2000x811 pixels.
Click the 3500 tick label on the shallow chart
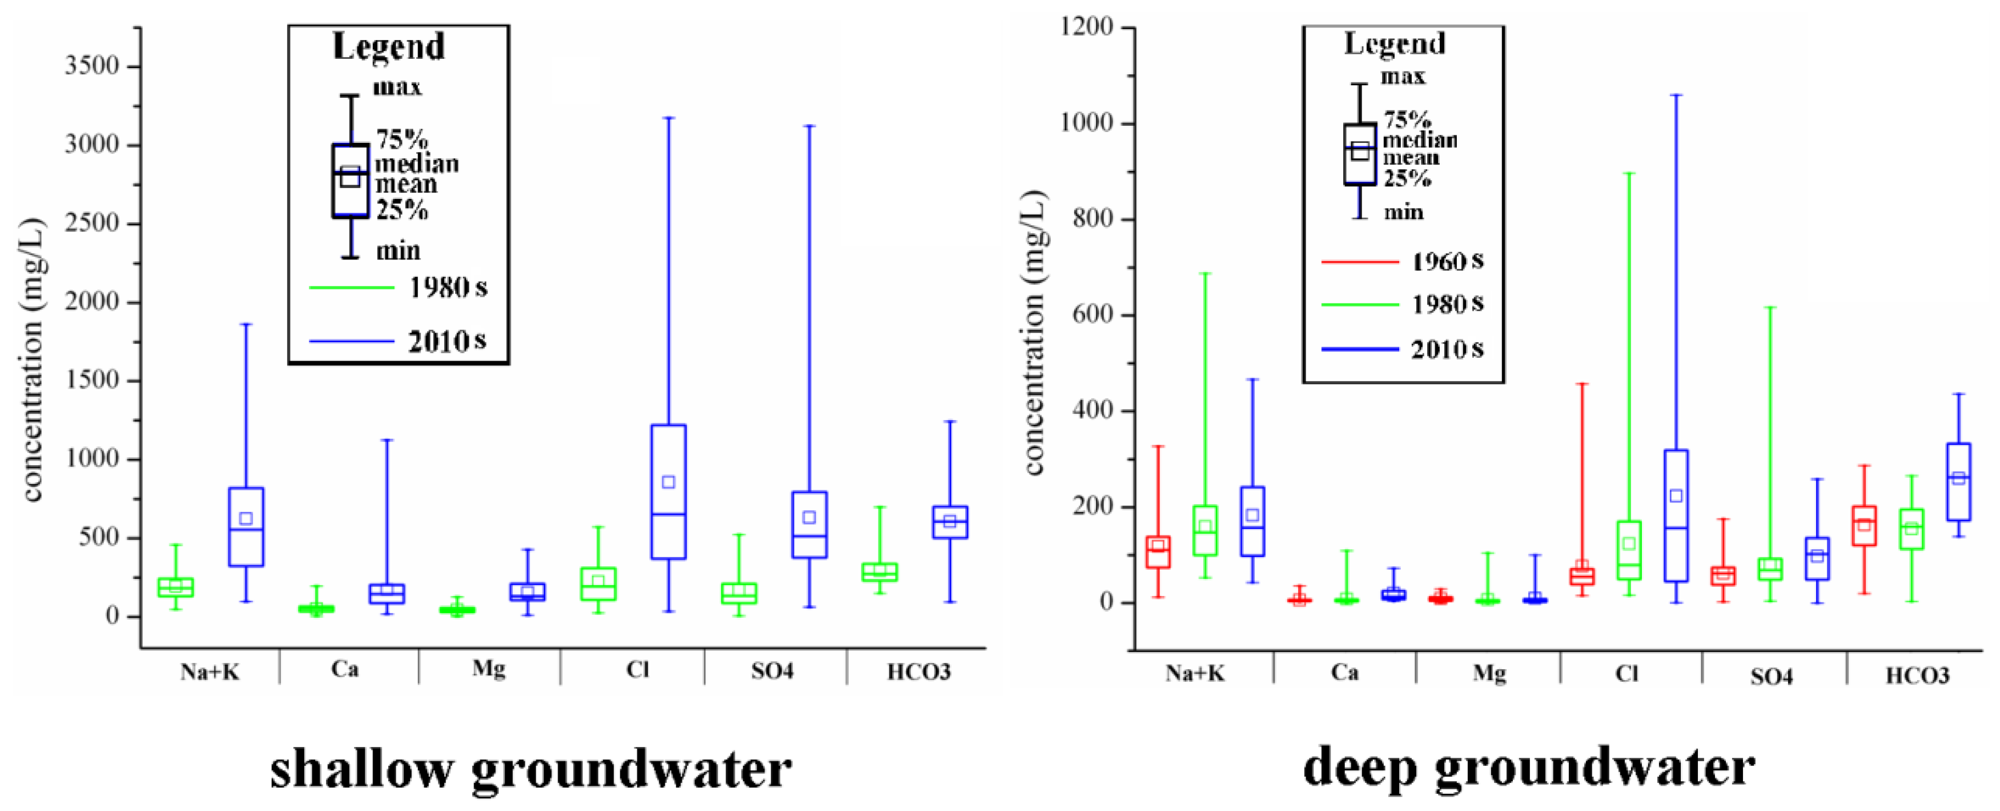(x=91, y=66)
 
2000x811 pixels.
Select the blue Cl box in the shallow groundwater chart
(x=668, y=491)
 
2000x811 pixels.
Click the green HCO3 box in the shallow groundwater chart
(x=879, y=572)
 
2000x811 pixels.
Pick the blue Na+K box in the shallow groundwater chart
(x=246, y=527)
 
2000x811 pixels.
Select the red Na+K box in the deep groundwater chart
(x=1158, y=552)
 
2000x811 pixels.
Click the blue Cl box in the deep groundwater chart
(x=1676, y=515)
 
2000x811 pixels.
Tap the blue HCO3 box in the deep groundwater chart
(x=1958, y=482)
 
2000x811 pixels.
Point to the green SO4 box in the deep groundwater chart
(x=1770, y=569)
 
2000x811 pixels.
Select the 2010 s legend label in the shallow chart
(x=447, y=341)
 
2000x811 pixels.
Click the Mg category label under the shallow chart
(x=488, y=669)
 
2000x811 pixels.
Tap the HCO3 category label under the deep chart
(x=1917, y=675)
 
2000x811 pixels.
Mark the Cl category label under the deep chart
(x=1626, y=672)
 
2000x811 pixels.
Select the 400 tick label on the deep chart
(x=1095, y=410)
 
